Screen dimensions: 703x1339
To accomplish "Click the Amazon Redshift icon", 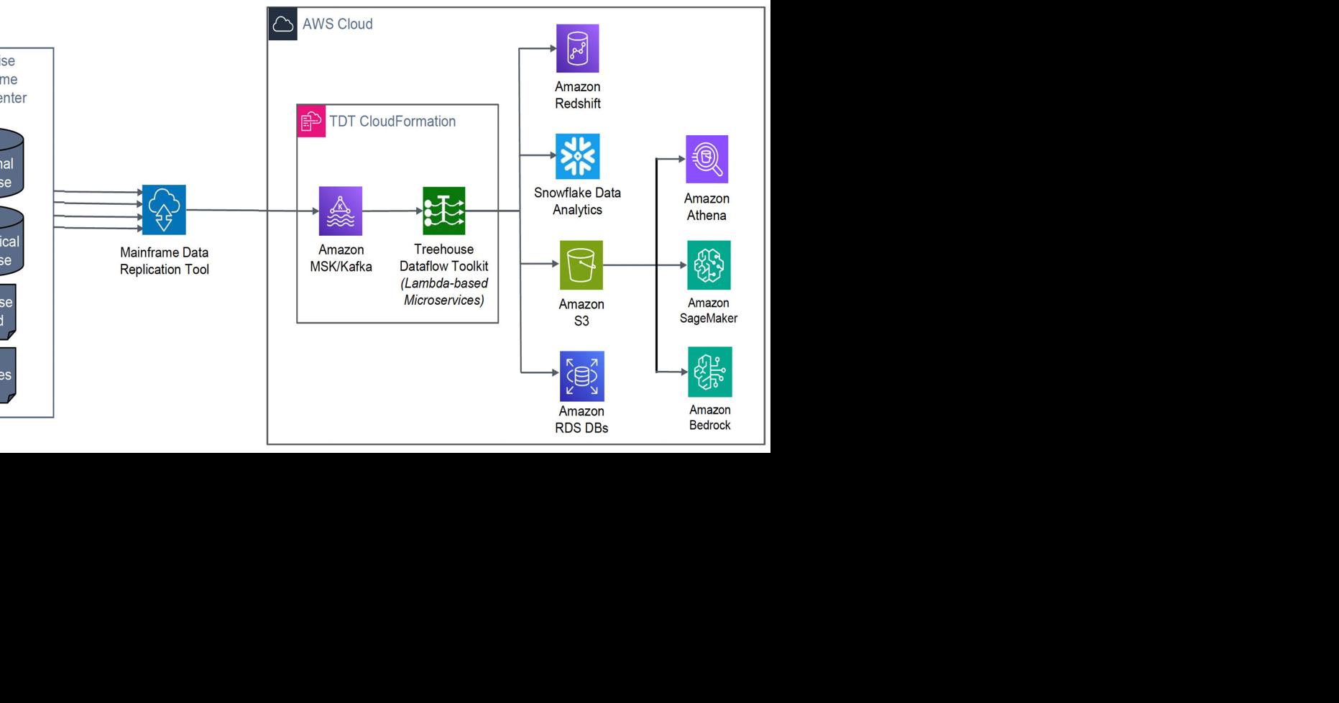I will click(x=577, y=48).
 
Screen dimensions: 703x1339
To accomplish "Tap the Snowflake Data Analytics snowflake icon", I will click(x=577, y=156).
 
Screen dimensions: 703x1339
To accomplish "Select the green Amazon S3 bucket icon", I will click(x=581, y=265).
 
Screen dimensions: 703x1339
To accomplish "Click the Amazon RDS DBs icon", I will click(x=581, y=376).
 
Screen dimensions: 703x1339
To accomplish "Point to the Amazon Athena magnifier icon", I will click(x=707, y=159).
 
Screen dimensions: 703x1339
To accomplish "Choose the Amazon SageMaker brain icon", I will click(x=709, y=265).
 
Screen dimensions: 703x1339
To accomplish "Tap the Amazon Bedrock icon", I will click(x=709, y=372).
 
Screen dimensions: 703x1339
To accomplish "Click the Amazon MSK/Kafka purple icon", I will click(x=341, y=211).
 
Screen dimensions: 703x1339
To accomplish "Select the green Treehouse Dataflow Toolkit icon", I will click(x=443, y=211).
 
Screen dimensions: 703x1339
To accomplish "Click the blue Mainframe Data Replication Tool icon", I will click(x=164, y=209).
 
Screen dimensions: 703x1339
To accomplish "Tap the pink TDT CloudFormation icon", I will click(x=311, y=121).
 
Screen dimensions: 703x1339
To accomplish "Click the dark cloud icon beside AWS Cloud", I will click(x=283, y=24).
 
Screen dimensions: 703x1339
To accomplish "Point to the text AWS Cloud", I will click(x=337, y=24).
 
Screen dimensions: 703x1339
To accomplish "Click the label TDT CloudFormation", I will click(x=392, y=121).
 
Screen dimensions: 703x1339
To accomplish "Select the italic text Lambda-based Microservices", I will click(x=444, y=292).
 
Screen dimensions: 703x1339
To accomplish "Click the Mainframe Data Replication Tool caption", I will click(x=164, y=261).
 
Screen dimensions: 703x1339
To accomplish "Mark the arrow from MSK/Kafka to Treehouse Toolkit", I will click(x=392, y=211).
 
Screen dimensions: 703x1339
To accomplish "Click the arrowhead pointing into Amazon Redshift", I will click(x=552, y=48).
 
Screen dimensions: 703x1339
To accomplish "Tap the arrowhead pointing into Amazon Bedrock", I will click(x=683, y=372).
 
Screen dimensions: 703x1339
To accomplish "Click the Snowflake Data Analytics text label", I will click(x=577, y=201).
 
